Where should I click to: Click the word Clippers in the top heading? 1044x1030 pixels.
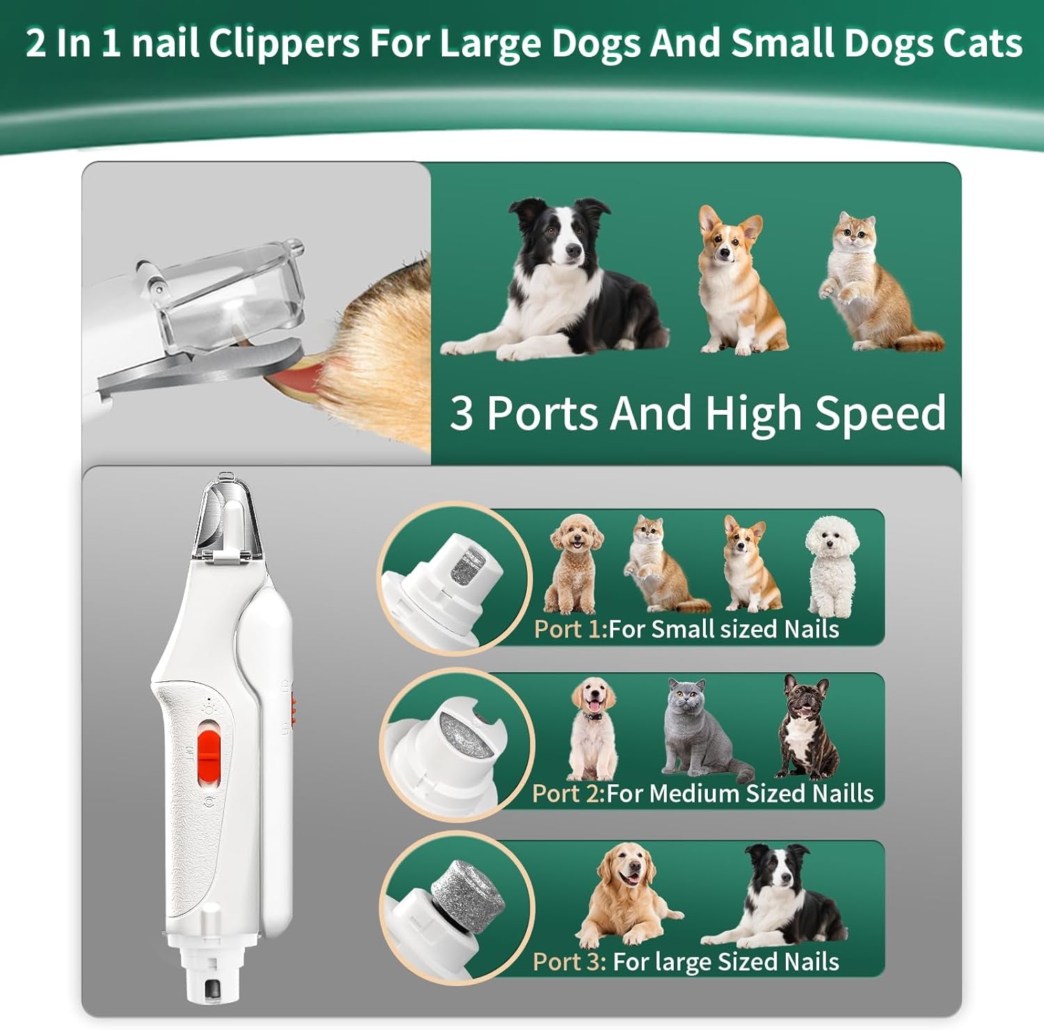click(x=284, y=43)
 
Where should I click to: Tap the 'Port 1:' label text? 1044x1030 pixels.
click(x=569, y=629)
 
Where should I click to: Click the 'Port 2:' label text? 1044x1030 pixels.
click(x=568, y=793)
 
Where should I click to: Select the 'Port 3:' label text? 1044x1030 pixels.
click(x=569, y=962)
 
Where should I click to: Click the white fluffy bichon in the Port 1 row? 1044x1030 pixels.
click(x=832, y=564)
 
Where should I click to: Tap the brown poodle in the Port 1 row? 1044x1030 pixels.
click(x=574, y=564)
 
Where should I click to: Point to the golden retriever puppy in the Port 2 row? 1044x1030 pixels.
click(x=592, y=727)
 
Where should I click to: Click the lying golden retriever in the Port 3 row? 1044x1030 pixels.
click(x=626, y=894)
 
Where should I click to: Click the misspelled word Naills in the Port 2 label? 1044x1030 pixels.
click(x=842, y=793)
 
